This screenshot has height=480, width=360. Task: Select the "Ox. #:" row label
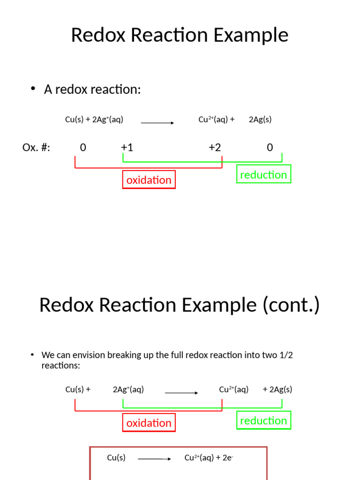[x=36, y=148]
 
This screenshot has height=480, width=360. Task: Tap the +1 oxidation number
[x=127, y=148]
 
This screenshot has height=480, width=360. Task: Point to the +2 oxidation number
[x=215, y=148]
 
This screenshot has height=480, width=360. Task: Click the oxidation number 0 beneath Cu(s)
[x=83, y=148]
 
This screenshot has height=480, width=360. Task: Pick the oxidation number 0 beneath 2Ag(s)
[x=270, y=148]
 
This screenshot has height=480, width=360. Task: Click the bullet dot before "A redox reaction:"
[x=33, y=89]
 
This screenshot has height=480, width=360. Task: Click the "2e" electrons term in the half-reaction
[x=227, y=458]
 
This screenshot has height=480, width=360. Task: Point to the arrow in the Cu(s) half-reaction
[x=154, y=459]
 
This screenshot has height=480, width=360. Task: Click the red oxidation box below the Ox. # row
[x=149, y=180]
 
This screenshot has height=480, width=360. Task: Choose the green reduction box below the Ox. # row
[x=263, y=174]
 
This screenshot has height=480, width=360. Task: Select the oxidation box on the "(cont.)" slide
[x=149, y=423]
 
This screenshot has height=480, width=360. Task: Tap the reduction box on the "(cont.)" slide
[x=263, y=420]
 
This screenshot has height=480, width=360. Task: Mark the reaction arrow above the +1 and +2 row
[x=157, y=123]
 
